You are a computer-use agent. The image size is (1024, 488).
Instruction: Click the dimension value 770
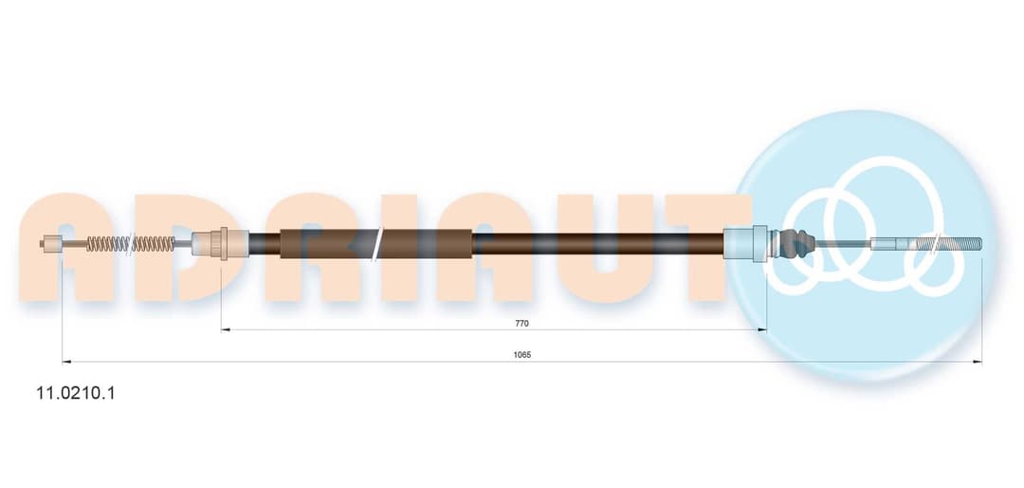[x=521, y=323]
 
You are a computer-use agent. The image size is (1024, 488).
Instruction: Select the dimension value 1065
[x=522, y=354]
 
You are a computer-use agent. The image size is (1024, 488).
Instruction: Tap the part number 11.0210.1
[x=75, y=393]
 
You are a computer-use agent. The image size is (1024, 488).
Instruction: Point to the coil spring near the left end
[x=131, y=244]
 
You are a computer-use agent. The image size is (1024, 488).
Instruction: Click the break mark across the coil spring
[x=131, y=244]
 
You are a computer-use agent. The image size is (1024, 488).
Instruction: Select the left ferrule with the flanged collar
[x=219, y=244]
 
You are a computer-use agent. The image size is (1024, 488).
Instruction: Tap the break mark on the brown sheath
[x=378, y=244]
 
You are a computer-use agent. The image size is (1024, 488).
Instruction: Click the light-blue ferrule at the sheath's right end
[x=745, y=244]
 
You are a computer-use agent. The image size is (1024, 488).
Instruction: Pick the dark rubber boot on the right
[x=798, y=243]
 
